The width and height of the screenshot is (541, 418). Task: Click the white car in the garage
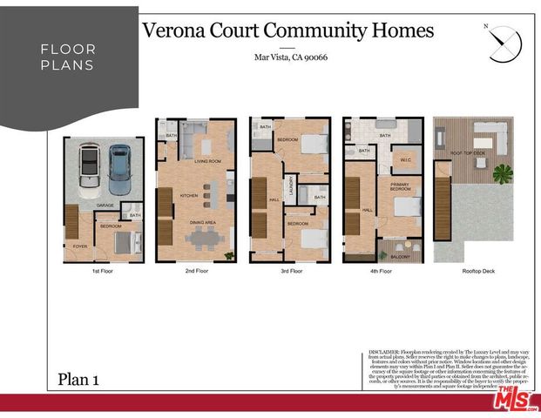(x=90, y=171)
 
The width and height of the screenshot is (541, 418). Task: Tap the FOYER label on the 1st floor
(x=81, y=246)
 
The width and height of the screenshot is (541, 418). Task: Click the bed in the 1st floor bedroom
(x=123, y=242)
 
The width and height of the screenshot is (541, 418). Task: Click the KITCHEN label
(x=189, y=196)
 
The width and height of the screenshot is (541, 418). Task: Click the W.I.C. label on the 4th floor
(x=406, y=159)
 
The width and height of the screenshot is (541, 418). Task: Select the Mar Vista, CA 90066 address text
(x=290, y=58)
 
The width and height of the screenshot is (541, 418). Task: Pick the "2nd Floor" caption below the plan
(x=196, y=271)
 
